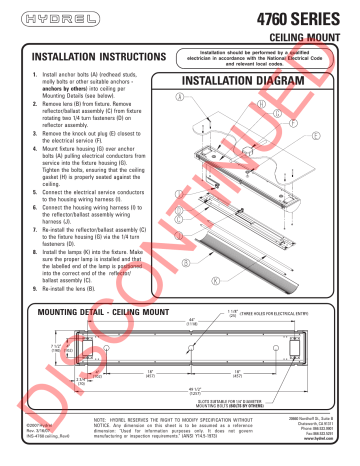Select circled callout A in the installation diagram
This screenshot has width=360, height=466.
tap(206, 97)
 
